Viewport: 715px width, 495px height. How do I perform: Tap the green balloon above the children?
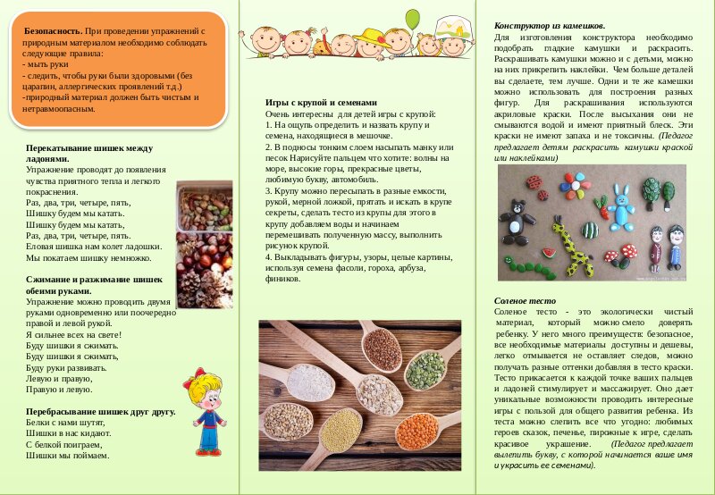coord(412,18)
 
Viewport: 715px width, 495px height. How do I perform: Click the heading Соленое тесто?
coord(520,301)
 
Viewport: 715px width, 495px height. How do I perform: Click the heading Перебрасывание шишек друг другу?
coord(100,412)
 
